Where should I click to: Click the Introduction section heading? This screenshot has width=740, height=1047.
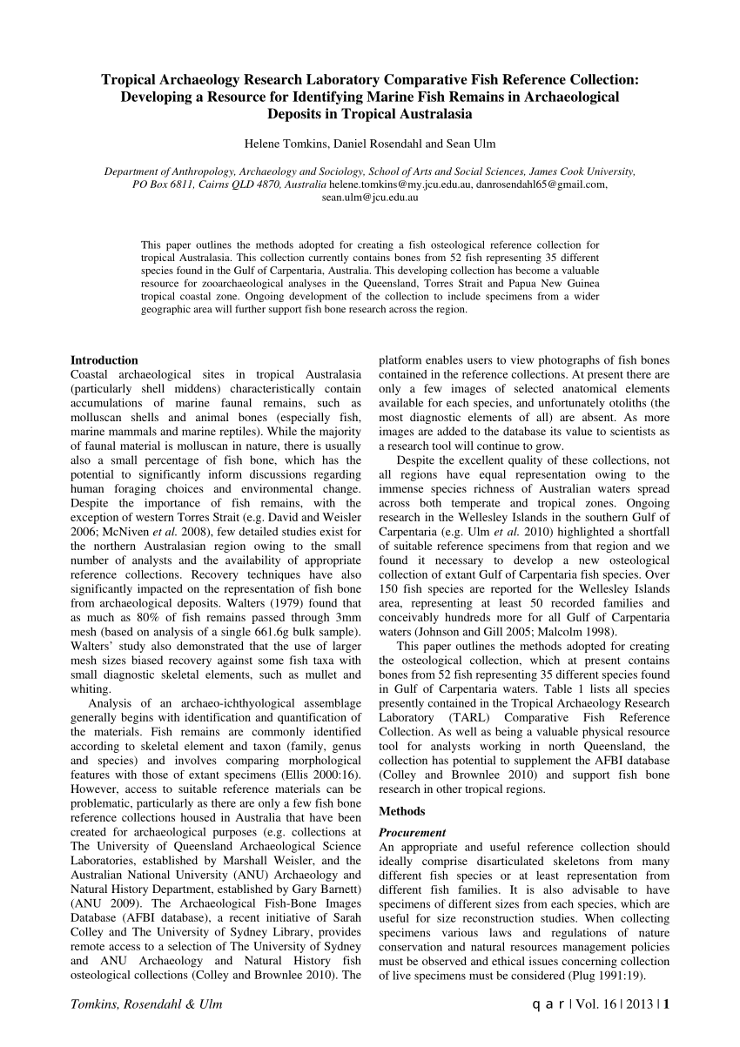coord(104,360)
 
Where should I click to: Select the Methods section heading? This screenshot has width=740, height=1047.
coord(402,812)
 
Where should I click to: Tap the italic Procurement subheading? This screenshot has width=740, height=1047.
coord(413,833)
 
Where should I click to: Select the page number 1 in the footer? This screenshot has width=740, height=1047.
coord(666,1004)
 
